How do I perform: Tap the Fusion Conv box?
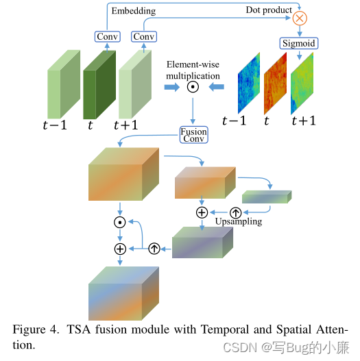pos(194,134)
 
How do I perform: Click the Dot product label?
pos(269,10)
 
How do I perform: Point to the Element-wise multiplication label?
pos(193,69)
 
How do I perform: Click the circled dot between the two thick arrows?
pos(193,87)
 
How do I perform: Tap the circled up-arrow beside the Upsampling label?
pos(235,212)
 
